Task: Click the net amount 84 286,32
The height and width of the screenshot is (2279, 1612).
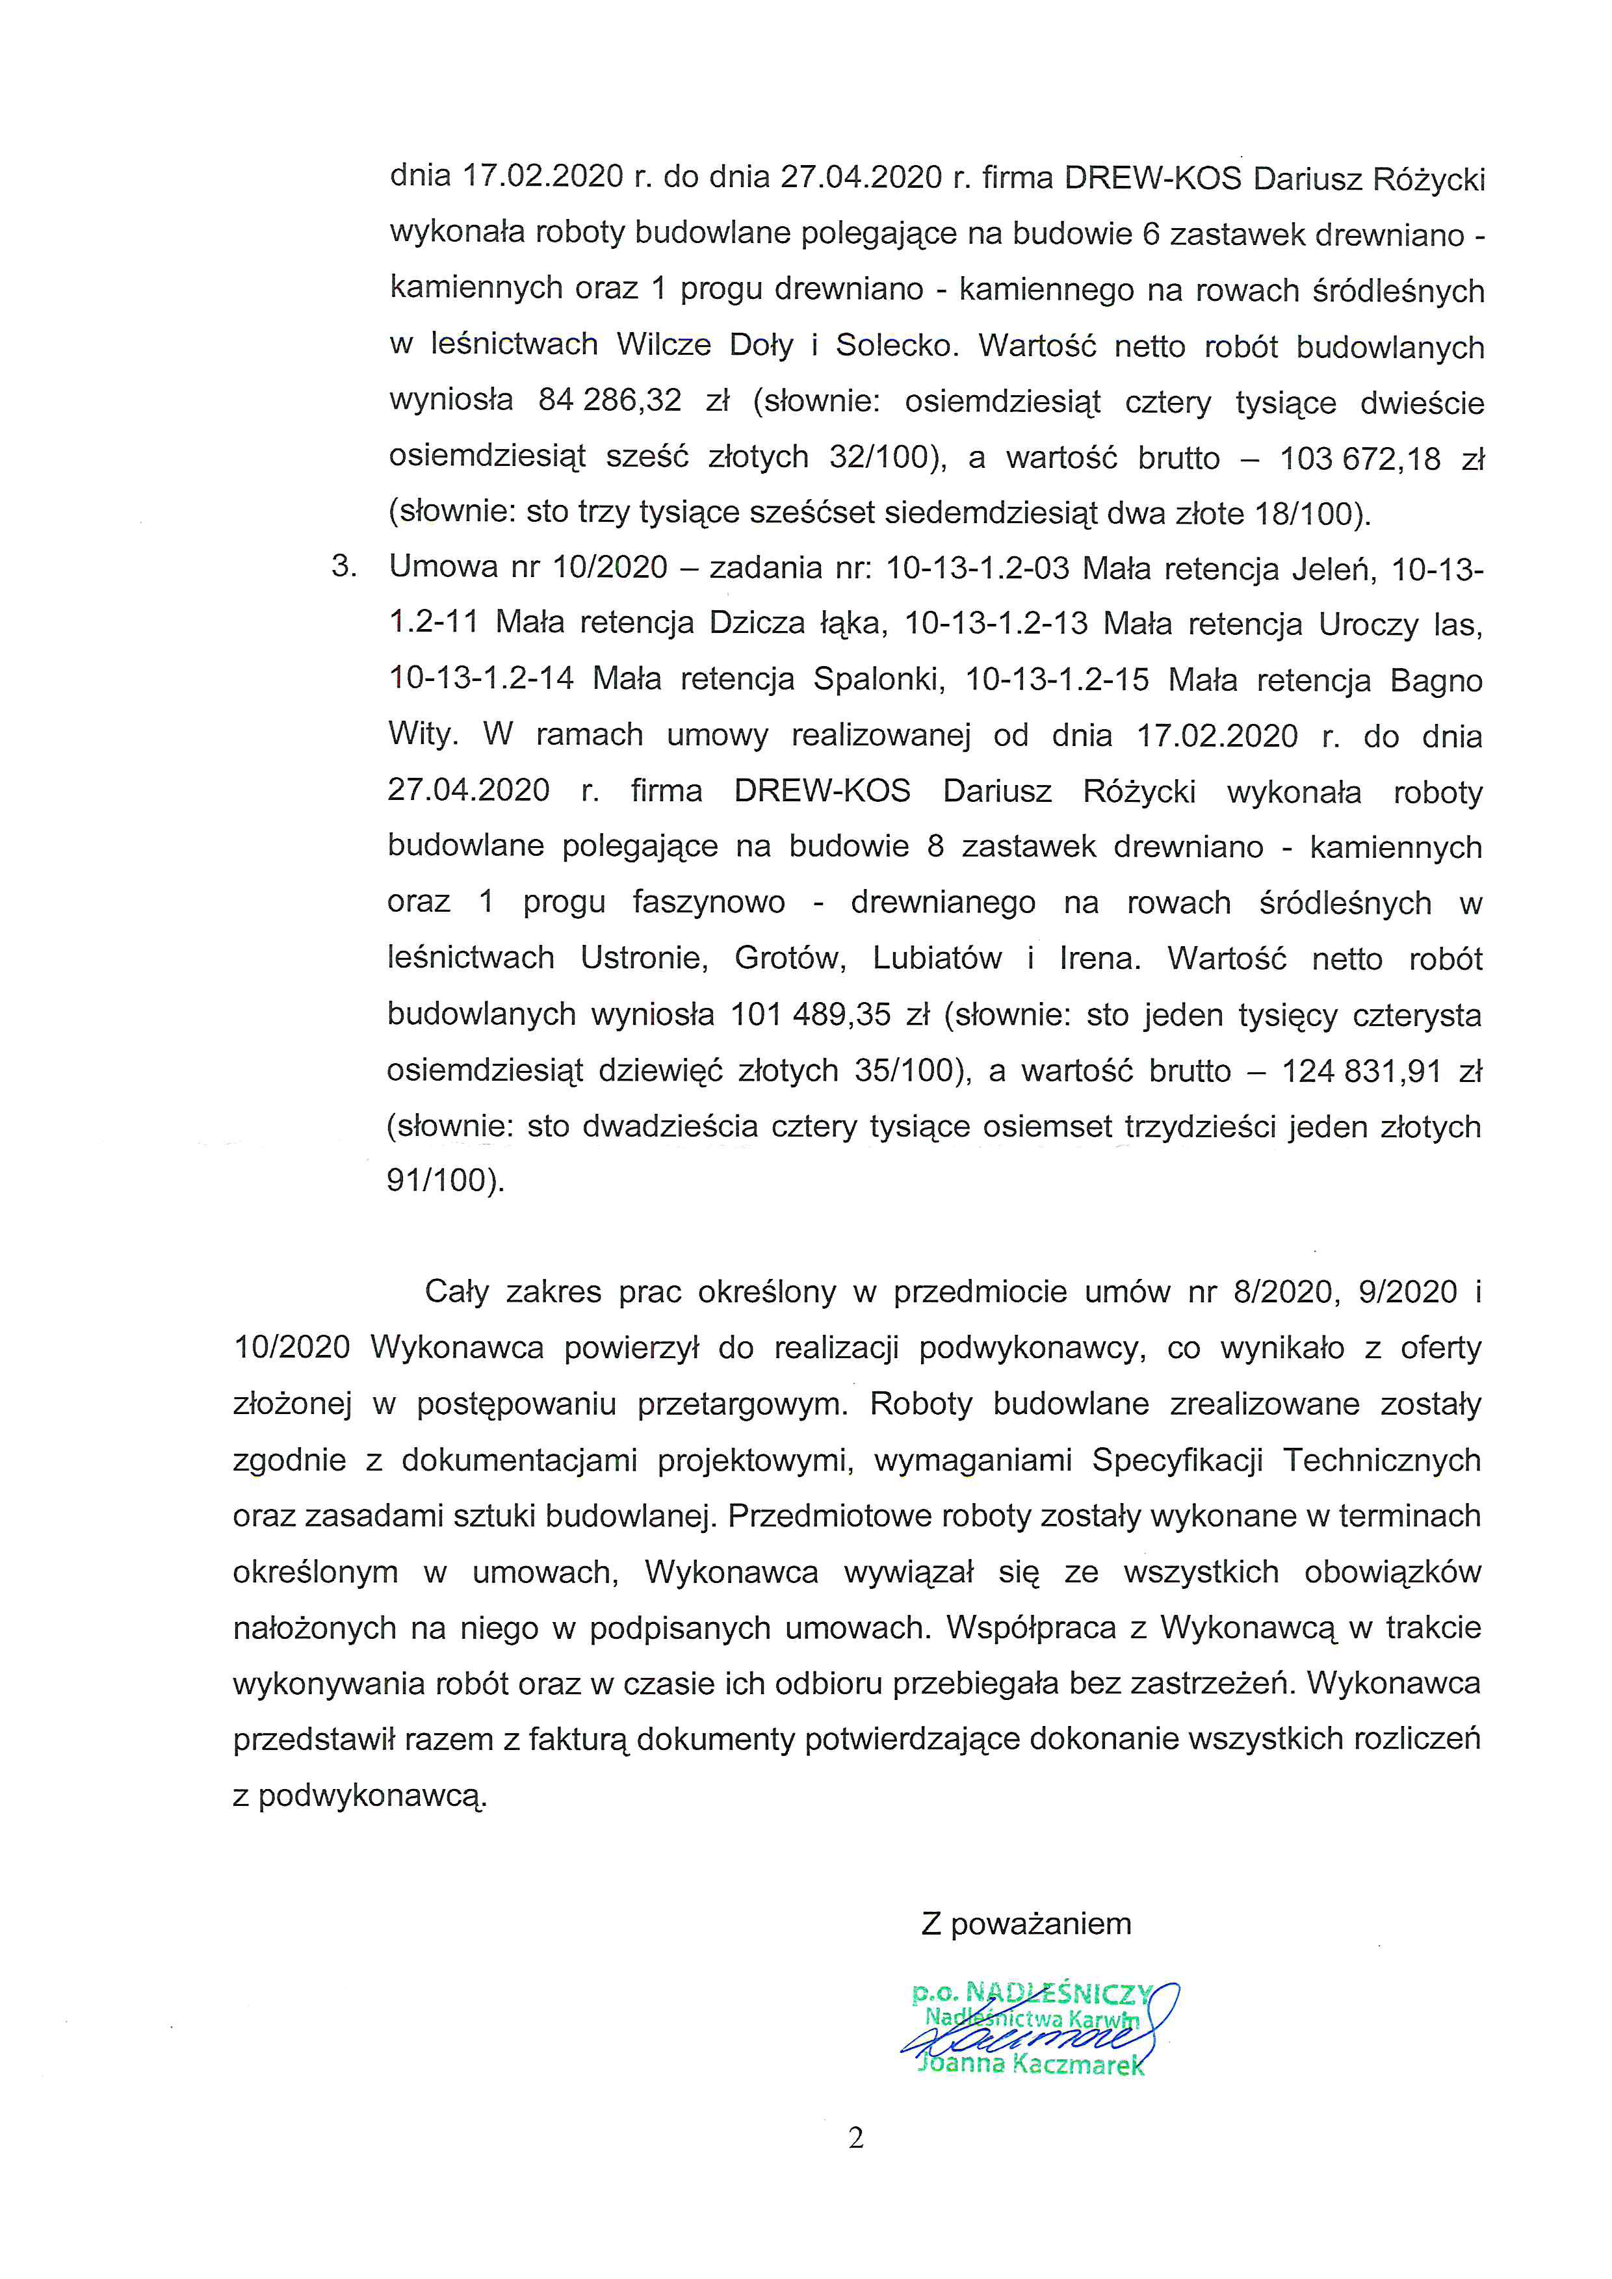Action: point(610,401)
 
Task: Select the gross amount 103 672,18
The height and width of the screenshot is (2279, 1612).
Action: point(1360,459)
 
